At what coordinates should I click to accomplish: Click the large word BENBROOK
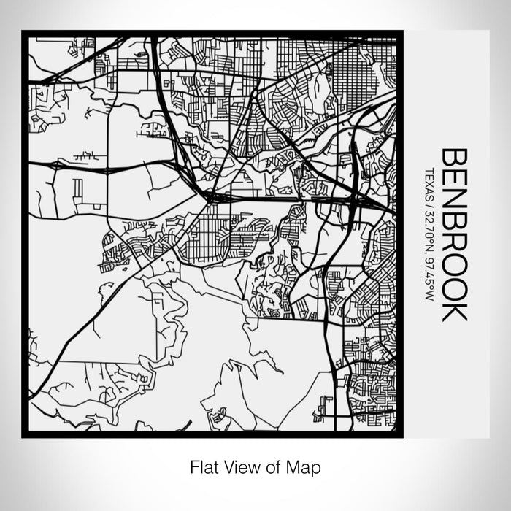[455, 235]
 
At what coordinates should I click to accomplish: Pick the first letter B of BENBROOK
[455, 160]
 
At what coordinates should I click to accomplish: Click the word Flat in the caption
[202, 466]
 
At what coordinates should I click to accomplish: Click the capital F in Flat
[194, 466]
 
